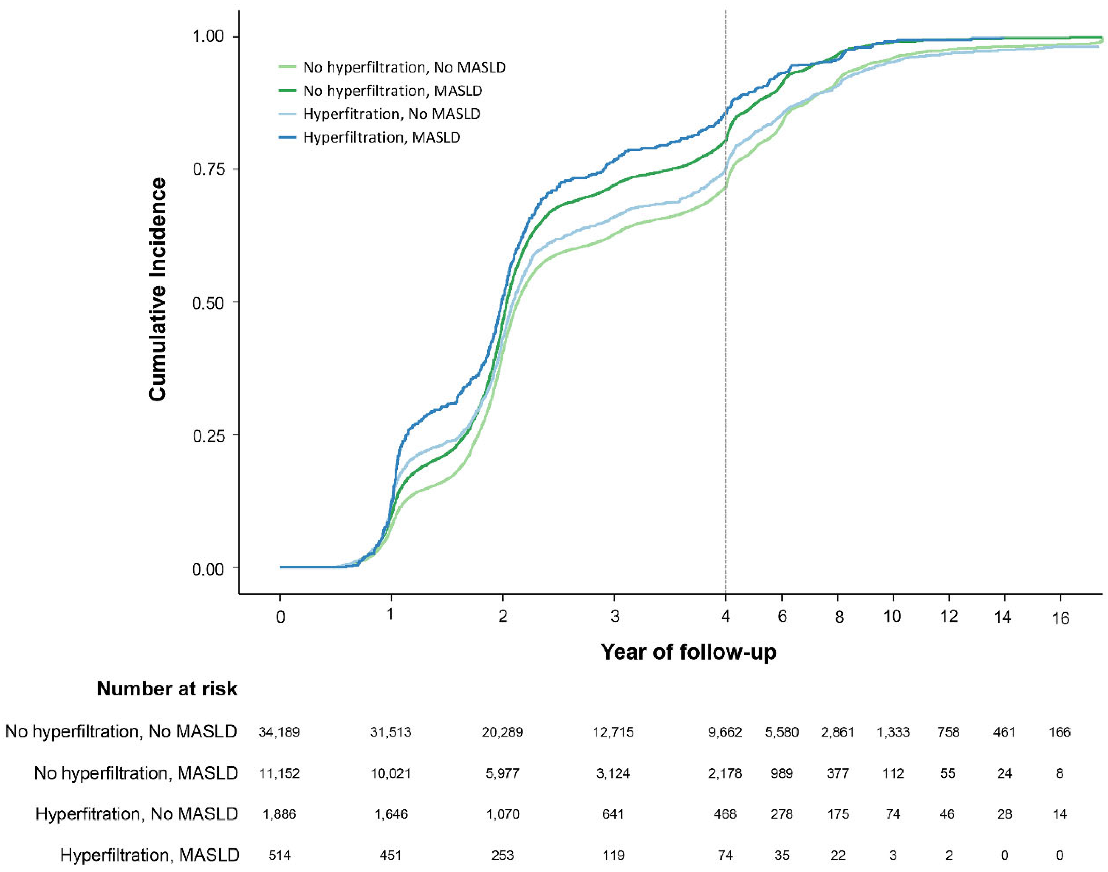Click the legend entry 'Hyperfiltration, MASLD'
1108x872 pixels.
pos(382,137)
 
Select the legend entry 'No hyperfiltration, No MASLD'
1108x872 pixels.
pos(404,68)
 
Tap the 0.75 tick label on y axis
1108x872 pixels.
pos(209,169)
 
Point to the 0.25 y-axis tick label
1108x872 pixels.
pos(209,435)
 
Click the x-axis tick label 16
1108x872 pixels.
pos(1060,619)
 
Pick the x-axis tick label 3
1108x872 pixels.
pos(615,617)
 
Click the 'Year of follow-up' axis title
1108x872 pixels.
pos(688,652)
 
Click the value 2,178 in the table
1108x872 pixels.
pos(725,773)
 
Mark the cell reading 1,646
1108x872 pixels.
pos(391,814)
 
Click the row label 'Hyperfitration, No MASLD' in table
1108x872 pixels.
pos(137,814)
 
